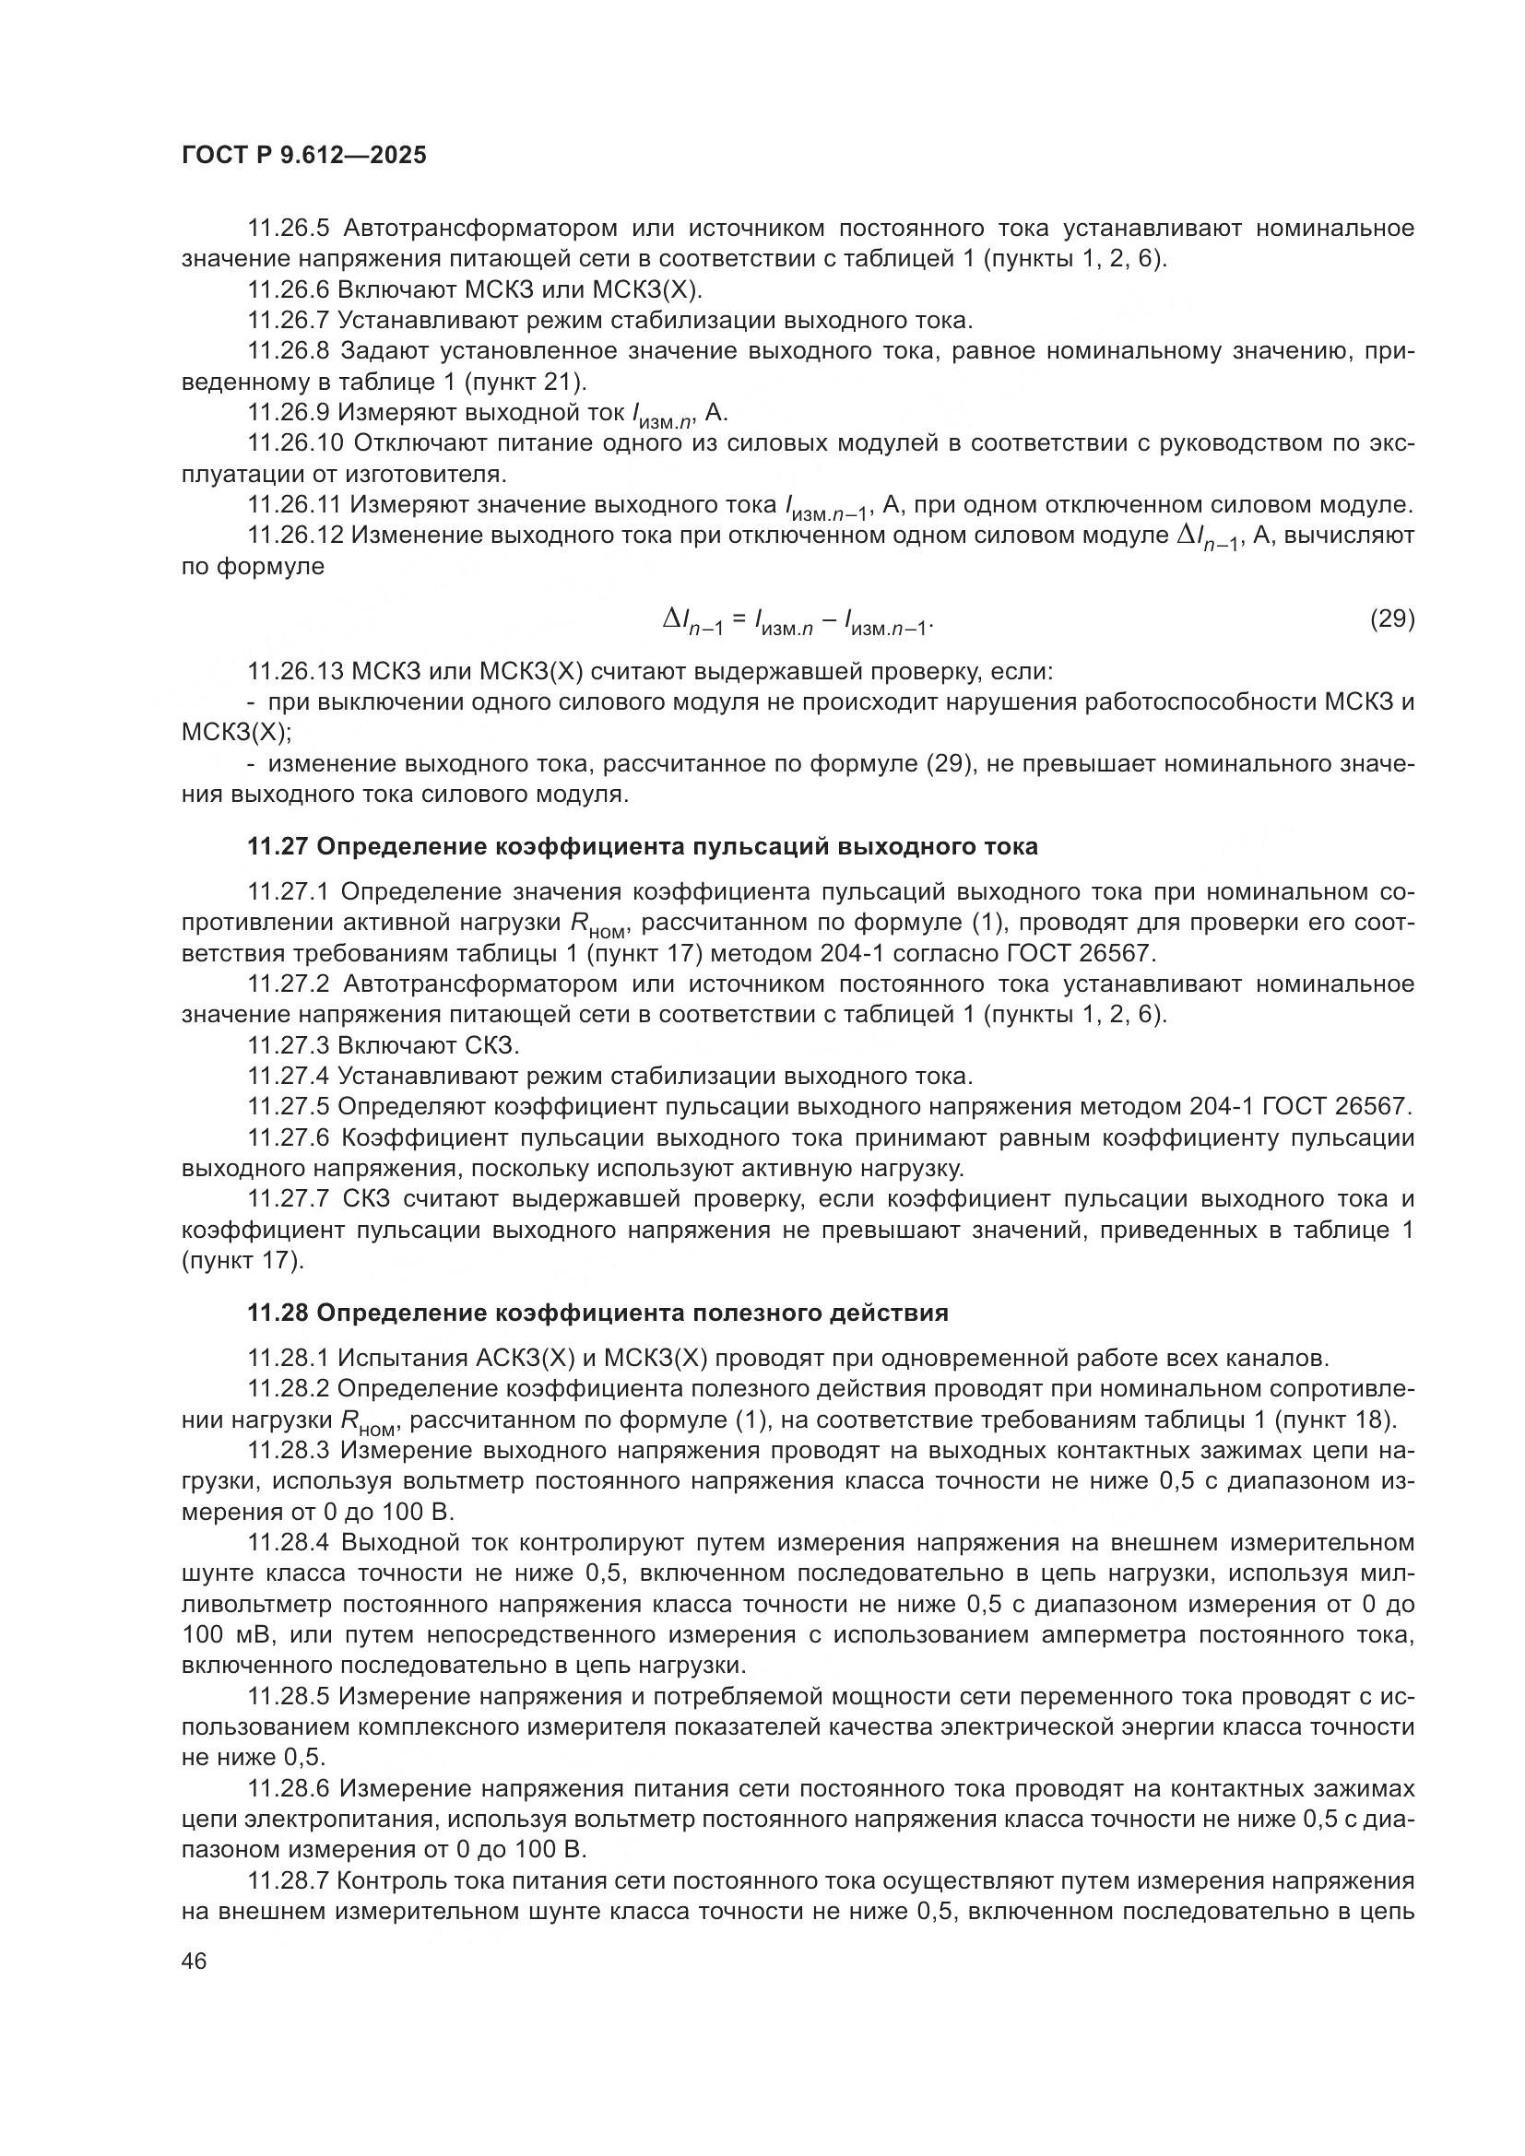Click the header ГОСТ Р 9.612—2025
click(304, 155)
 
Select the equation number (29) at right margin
click(1391, 619)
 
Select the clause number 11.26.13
click(295, 672)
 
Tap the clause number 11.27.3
click(289, 1046)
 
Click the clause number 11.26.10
click(295, 442)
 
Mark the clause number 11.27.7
click(289, 1199)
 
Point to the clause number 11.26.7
click(289, 320)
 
